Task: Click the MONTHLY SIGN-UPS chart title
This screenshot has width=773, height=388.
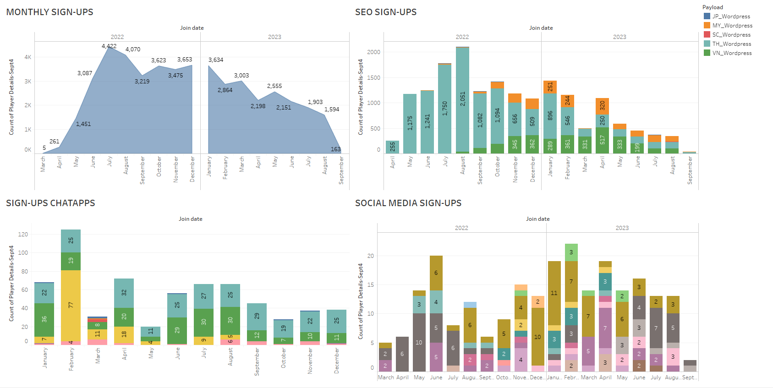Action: (49, 12)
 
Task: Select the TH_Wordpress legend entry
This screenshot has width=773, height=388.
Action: (731, 44)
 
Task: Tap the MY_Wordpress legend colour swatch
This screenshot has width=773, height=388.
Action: (707, 26)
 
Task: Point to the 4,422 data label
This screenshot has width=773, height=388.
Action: (109, 46)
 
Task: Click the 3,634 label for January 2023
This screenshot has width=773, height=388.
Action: (216, 60)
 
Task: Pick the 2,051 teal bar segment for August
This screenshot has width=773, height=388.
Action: (462, 98)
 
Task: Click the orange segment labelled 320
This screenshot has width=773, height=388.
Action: (602, 106)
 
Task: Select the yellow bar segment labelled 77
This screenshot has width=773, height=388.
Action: (71, 305)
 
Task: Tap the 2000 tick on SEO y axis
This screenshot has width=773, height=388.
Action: (373, 52)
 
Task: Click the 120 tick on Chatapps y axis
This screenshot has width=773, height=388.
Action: (23, 235)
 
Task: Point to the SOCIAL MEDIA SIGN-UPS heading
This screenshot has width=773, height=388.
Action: (408, 203)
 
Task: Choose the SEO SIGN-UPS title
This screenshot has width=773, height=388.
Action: (386, 12)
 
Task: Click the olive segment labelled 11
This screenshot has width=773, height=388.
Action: (554, 293)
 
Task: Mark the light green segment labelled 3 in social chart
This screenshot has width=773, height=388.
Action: (571, 252)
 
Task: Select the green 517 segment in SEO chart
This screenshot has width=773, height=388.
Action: (602, 140)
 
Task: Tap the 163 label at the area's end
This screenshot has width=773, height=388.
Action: (336, 149)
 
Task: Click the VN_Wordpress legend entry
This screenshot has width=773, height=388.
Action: (731, 53)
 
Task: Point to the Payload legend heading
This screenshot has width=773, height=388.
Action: (713, 7)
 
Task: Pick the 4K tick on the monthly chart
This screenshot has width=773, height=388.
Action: (28, 57)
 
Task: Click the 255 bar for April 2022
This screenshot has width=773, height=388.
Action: (392, 147)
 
